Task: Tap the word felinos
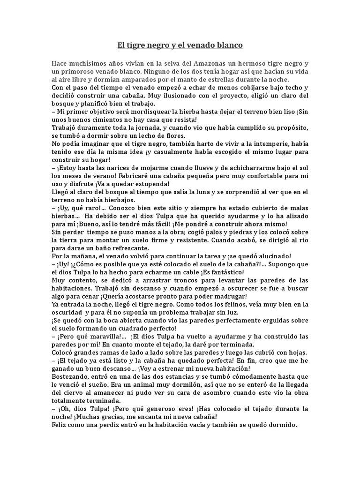tap(240, 304)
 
